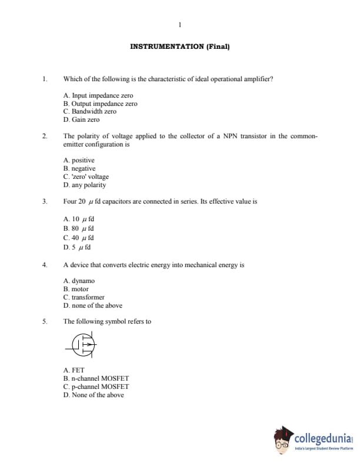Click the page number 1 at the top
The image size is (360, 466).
pos(179,24)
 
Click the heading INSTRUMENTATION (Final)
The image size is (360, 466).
pos(179,46)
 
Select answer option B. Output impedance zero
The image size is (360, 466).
pos(100,104)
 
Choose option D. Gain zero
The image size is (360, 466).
pos(81,119)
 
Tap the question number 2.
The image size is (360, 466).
pos(44,136)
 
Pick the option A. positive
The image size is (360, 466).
pos(79,160)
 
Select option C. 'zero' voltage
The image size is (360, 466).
pos(86,177)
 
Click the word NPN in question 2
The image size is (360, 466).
pos(230,136)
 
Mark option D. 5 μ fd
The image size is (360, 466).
pos(77,247)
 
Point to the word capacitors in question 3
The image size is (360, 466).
pos(119,201)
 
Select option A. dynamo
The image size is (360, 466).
pos(79,281)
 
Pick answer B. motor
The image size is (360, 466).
pos(76,289)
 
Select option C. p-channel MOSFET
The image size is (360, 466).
pos(96,387)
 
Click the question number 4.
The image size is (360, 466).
pos(44,265)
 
